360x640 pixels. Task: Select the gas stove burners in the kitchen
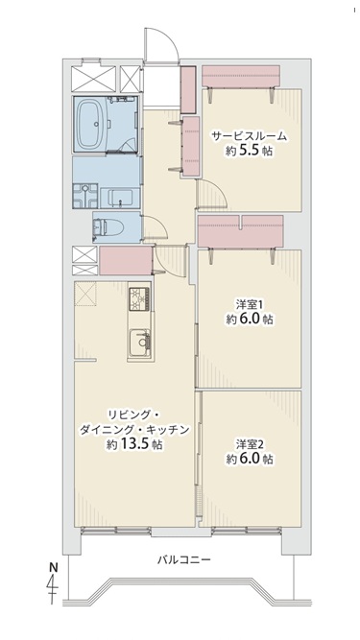140,298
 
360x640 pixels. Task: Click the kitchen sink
140,342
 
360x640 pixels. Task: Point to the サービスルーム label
249,137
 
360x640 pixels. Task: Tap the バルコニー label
184,559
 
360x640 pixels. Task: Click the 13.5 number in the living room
134,444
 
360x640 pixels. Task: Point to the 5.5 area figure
249,152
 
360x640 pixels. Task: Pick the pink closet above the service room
241,76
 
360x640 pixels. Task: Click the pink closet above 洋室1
240,231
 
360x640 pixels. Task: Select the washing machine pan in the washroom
84,196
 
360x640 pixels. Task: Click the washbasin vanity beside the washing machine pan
120,199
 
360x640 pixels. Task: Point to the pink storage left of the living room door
126,260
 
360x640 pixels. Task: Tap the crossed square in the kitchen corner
85,294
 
